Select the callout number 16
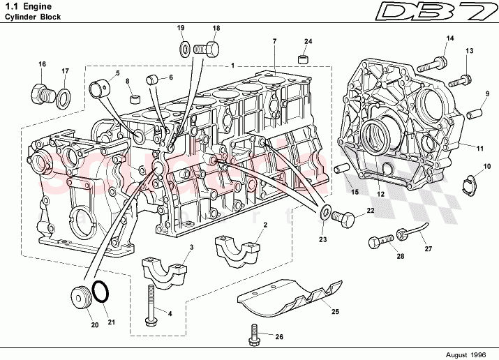42,64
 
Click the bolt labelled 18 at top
207,49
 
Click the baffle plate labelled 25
290,297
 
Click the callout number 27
428,249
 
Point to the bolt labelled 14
432,63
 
